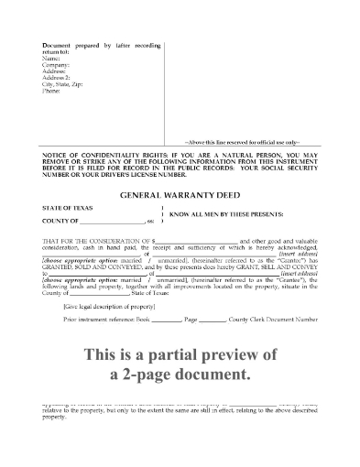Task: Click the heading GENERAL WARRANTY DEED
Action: pos(180,195)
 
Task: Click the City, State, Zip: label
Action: pos(63,86)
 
